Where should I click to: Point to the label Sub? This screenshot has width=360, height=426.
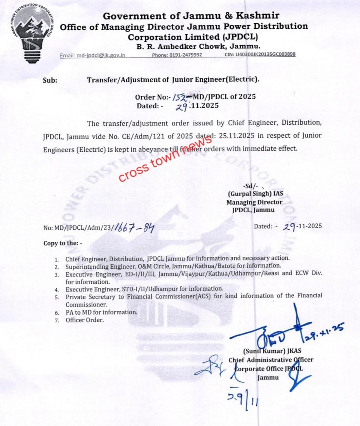click(50, 80)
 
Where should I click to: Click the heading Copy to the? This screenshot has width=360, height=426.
click(63, 243)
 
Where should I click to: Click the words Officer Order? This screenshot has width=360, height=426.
click(84, 320)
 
